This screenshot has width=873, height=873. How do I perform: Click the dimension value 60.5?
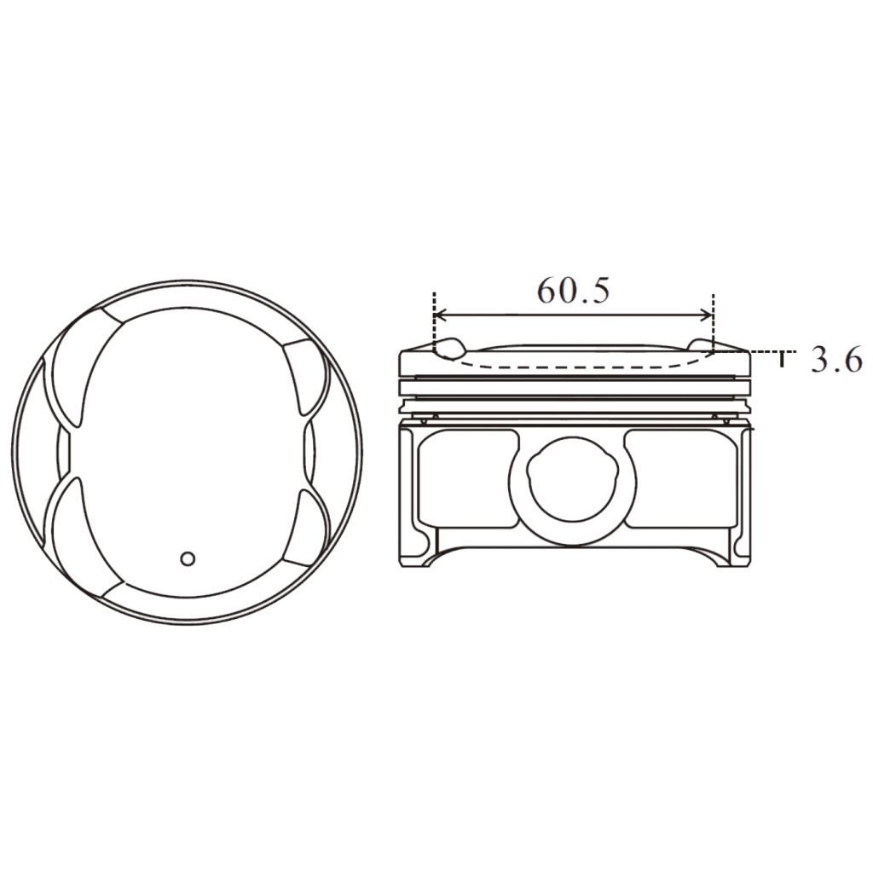click(x=573, y=291)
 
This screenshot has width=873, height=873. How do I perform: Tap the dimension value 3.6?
click(x=835, y=361)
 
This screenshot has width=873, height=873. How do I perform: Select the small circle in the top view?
click(x=188, y=558)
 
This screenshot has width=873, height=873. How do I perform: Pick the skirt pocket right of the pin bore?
click(x=678, y=477)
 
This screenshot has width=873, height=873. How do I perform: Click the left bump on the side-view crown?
click(x=449, y=347)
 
